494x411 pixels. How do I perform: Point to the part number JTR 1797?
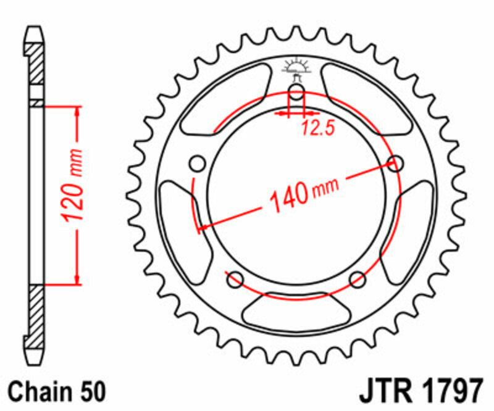pyautogui.click(x=419, y=392)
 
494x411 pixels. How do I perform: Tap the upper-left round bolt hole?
pyautogui.click(x=197, y=164)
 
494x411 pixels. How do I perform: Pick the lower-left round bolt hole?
pyautogui.click(x=235, y=280)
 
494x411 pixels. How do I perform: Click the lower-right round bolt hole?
pyautogui.click(x=358, y=280)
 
